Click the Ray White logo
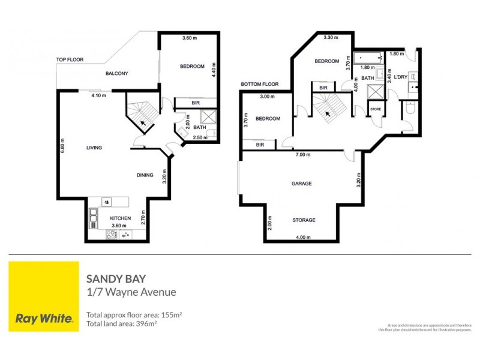point(43,296)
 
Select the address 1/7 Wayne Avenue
point(131,292)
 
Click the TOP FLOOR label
point(70,60)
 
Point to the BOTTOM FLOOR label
point(260,84)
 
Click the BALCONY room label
point(117,74)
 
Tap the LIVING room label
point(94,148)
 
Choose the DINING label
point(145,175)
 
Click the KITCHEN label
point(121,218)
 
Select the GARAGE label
point(301,184)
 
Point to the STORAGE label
point(304,220)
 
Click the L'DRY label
point(400,77)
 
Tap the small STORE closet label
point(376,109)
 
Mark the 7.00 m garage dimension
point(302,155)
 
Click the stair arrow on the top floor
point(142,122)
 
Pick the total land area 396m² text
point(121,324)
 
